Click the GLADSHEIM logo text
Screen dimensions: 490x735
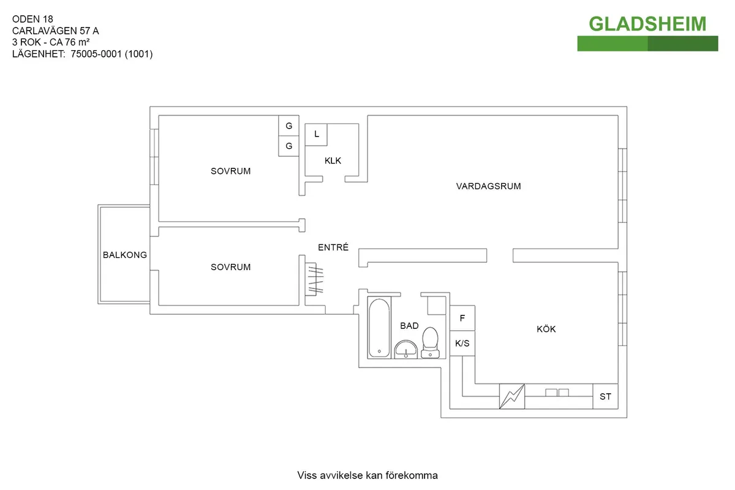(647, 23)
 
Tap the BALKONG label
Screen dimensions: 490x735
(125, 255)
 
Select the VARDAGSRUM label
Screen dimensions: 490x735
(488, 186)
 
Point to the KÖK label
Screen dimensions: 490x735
(546, 330)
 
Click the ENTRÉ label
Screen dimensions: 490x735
(333, 247)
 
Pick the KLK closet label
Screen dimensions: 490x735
(333, 161)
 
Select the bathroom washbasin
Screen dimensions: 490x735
(405, 350)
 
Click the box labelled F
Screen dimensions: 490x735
(462, 318)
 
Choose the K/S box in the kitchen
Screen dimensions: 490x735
(462, 344)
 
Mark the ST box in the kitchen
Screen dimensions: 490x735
(605, 397)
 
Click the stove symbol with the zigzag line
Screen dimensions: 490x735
(512, 396)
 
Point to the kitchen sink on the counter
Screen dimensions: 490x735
(557, 392)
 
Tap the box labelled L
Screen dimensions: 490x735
(317, 134)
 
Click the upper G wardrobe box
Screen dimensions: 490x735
(288, 126)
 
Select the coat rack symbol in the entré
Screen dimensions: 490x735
(314, 279)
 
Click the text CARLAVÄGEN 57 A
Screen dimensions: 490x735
(55, 30)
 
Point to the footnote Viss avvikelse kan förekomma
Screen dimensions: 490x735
(367, 475)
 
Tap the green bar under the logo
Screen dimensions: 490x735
(647, 43)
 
